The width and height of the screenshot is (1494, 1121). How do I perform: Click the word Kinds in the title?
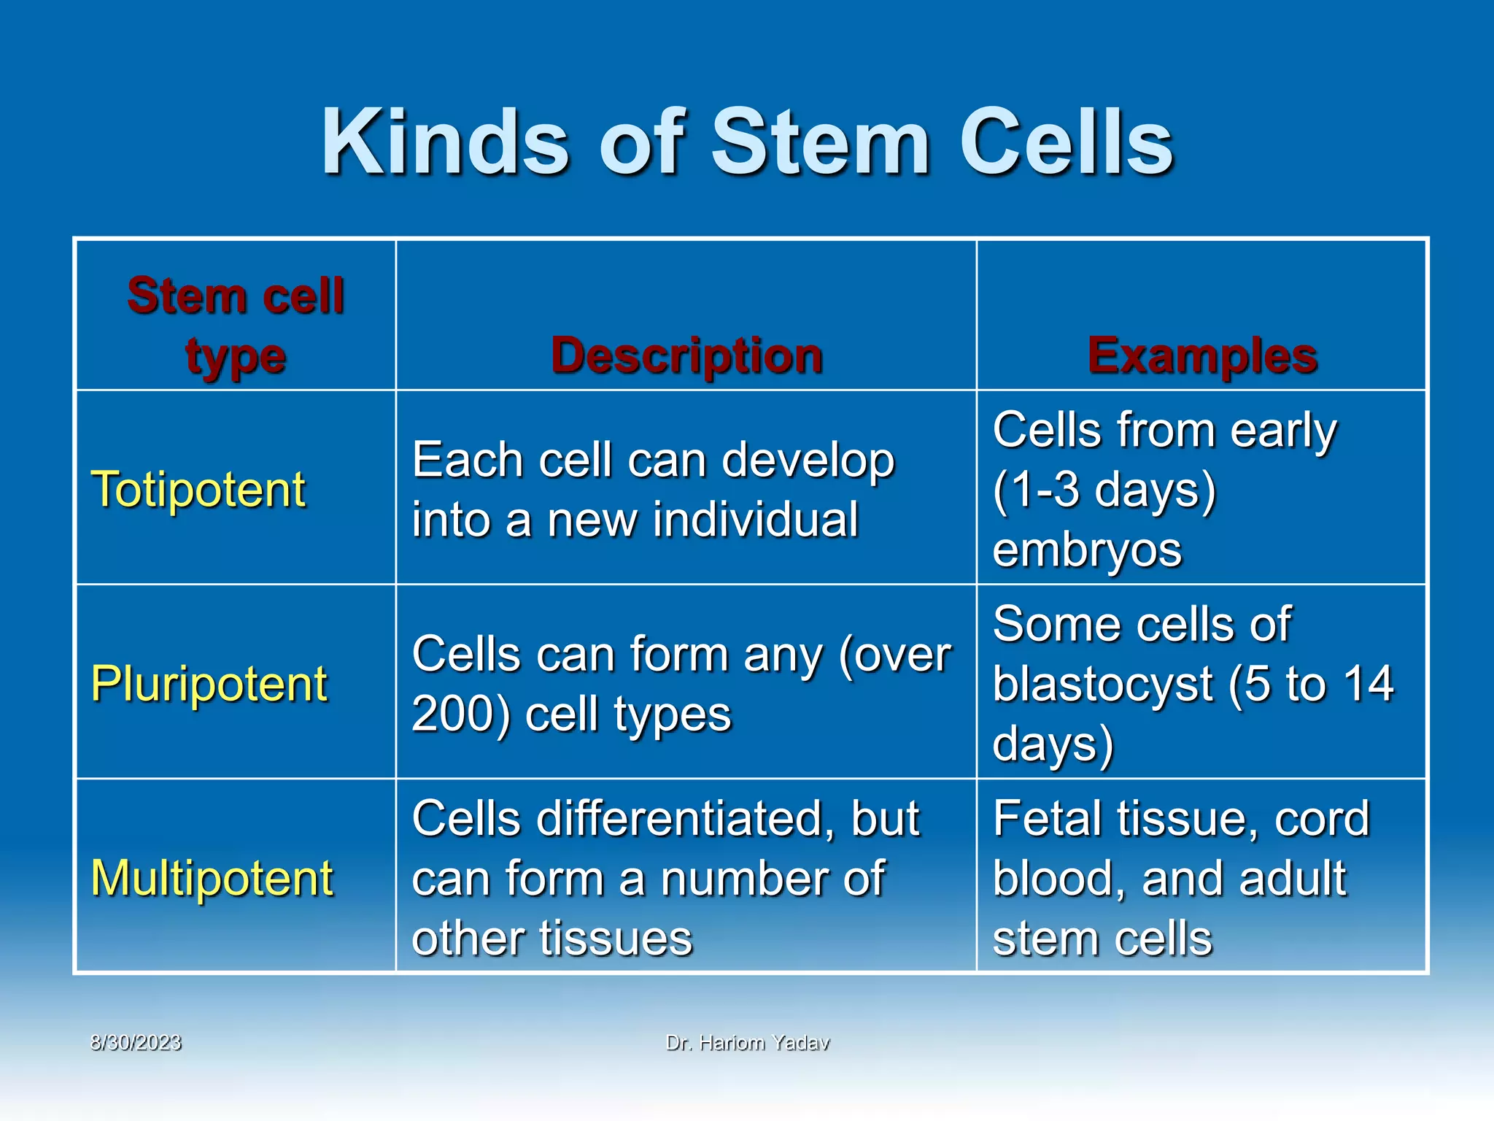tap(445, 142)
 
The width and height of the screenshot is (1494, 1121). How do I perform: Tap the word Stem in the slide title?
tap(821, 142)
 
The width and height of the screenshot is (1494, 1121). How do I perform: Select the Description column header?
tap(686, 356)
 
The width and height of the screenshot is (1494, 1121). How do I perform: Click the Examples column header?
tap(1202, 356)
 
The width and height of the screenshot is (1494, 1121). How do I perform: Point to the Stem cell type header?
tap(236, 325)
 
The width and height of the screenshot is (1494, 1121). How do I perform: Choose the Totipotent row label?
tap(198, 489)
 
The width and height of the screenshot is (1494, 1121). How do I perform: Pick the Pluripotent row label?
tap(209, 684)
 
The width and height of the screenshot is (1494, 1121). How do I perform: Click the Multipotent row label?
tap(212, 877)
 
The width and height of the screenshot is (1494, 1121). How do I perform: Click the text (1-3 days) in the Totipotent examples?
tap(1104, 489)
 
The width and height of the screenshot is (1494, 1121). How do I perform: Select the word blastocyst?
tap(1102, 685)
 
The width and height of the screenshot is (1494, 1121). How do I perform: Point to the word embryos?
tap(1087, 550)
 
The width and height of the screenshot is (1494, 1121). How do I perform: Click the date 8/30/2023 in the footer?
tap(136, 1042)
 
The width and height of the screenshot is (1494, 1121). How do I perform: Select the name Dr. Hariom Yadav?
tap(748, 1043)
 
